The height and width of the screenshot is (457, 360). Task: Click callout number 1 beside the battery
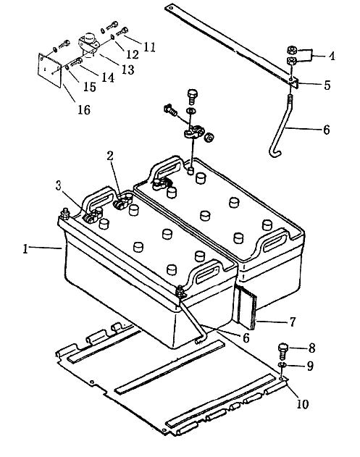(25, 249)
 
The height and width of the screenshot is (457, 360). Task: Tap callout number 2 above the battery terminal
(110, 156)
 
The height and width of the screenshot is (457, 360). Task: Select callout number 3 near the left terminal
(59, 185)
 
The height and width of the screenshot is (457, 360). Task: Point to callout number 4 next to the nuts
(332, 56)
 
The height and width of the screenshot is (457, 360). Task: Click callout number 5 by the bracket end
(327, 85)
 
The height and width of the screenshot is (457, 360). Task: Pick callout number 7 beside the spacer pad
(293, 322)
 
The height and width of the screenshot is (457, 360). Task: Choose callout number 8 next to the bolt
(311, 348)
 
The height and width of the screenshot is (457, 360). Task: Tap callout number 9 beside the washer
(310, 366)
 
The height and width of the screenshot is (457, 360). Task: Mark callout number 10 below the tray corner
(302, 404)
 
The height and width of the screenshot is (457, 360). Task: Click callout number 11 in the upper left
(150, 47)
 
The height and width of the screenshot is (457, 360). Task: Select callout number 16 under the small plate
(84, 109)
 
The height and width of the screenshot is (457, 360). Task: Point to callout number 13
(127, 70)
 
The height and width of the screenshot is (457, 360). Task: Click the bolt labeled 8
(283, 352)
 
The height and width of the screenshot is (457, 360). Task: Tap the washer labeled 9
(282, 365)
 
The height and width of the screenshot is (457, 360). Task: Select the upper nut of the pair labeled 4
(292, 50)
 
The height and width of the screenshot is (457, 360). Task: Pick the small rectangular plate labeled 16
(49, 70)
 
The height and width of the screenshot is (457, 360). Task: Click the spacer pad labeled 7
(246, 308)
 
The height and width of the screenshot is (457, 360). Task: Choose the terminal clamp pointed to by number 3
(93, 216)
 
